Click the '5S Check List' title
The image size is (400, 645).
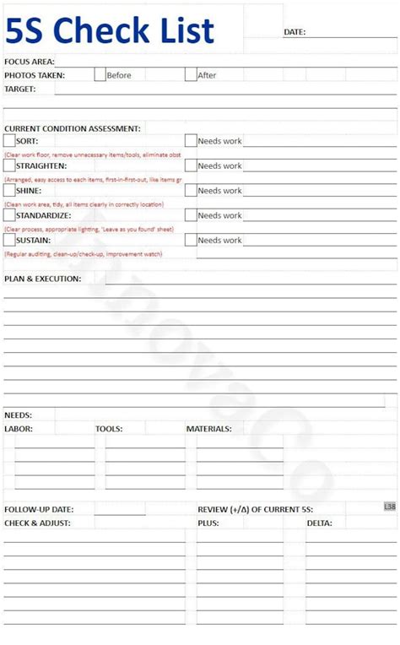point(111,31)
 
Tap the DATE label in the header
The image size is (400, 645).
point(295,32)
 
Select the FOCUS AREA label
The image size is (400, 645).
point(30,62)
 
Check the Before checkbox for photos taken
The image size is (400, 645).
point(100,74)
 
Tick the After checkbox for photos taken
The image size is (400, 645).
point(191,74)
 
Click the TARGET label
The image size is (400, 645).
point(20,89)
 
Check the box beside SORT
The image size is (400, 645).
point(9,141)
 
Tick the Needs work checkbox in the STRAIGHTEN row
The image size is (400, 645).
point(191,165)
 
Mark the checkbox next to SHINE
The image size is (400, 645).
point(9,190)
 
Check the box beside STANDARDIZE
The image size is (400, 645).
point(9,215)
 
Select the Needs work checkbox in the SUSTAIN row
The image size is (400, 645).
point(191,240)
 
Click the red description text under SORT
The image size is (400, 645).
point(93,155)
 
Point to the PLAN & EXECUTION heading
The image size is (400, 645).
point(43,279)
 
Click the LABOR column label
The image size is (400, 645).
point(19,429)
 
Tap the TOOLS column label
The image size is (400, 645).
point(109,429)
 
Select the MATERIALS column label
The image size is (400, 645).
point(209,429)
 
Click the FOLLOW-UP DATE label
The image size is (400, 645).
point(39,510)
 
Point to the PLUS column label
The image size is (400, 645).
point(208,523)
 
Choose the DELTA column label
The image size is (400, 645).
point(320,523)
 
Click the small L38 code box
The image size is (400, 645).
point(389,507)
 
